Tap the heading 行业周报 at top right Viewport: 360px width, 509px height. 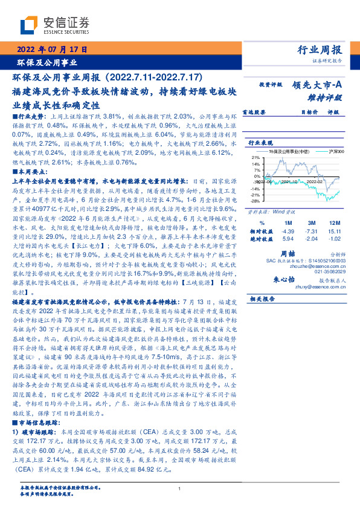point(320,50)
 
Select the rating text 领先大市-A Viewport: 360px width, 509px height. point(318,86)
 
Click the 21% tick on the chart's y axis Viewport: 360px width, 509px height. point(256,157)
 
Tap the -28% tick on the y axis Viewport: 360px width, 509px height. point(256,200)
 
